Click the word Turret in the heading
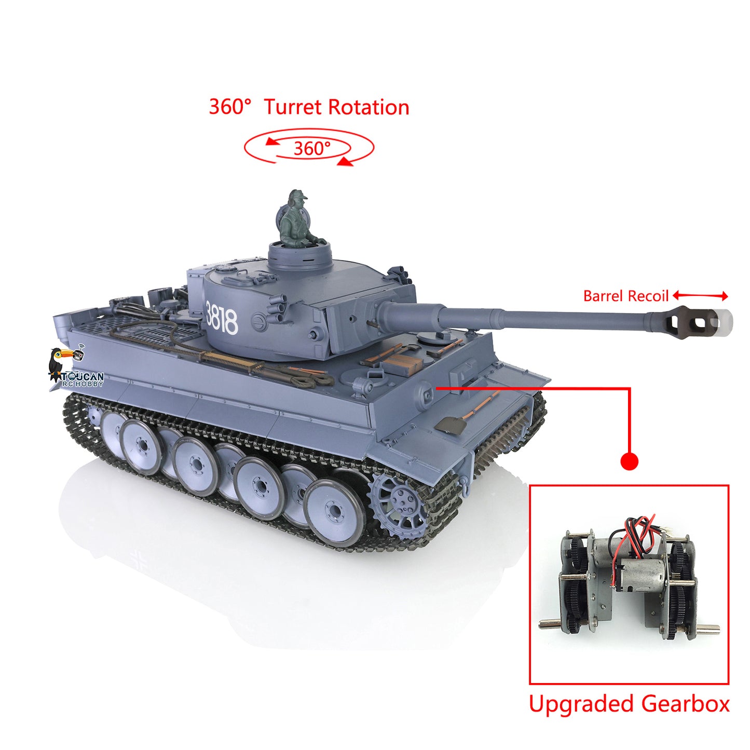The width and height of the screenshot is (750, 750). pos(293,107)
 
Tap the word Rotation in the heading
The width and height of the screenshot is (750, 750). pos(369,107)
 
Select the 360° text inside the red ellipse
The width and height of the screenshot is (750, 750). pos(311,148)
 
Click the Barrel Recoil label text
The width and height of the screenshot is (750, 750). pos(625,296)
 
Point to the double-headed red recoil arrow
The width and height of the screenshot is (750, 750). pos(700,296)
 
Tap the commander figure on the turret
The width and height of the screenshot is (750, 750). pos(296,218)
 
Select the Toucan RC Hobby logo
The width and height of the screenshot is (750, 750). pos(75,370)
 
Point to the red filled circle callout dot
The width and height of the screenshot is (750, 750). pos(629,461)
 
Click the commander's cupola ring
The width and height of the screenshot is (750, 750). pos(300,255)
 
